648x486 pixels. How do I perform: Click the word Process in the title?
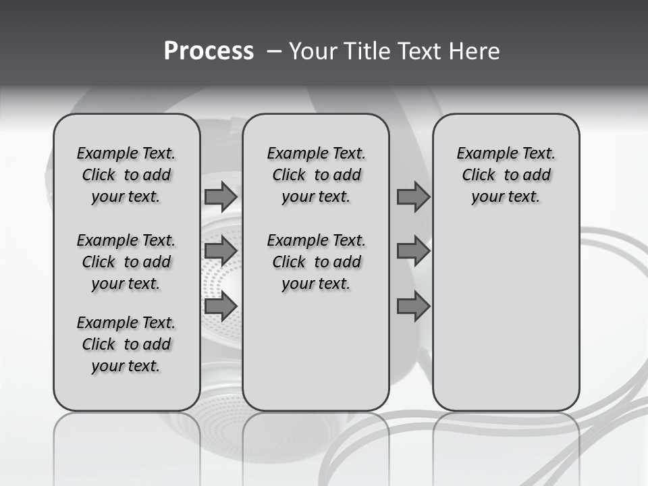[209, 51]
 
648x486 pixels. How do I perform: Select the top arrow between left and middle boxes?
[221, 196]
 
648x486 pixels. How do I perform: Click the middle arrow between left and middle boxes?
[221, 251]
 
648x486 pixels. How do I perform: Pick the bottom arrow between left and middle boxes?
[221, 306]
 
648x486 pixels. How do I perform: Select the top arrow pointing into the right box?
[413, 196]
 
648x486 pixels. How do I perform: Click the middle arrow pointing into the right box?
[413, 251]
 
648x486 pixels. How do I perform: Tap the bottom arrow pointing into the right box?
[413, 306]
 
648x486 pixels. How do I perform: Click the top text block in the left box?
[126, 175]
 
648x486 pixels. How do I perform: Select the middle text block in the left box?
[126, 262]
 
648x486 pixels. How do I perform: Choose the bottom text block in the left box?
[126, 344]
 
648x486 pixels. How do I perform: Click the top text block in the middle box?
[316, 175]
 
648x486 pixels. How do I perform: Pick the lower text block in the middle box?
[316, 262]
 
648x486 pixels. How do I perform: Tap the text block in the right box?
[506, 175]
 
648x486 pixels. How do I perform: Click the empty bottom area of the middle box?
[316, 358]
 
